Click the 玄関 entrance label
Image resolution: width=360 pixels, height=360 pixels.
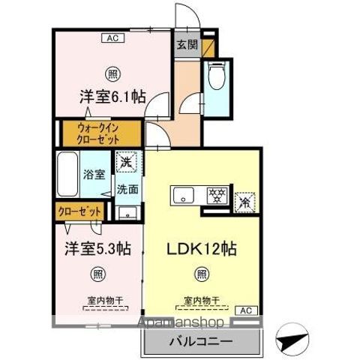click(186, 43)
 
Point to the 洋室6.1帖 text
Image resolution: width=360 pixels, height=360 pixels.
click(112, 97)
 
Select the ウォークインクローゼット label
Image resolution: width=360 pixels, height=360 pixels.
click(97, 133)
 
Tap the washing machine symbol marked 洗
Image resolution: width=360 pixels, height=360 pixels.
click(125, 161)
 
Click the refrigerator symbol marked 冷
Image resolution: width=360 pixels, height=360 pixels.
click(244, 201)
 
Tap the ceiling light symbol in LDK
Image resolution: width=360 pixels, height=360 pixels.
click(200, 275)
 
